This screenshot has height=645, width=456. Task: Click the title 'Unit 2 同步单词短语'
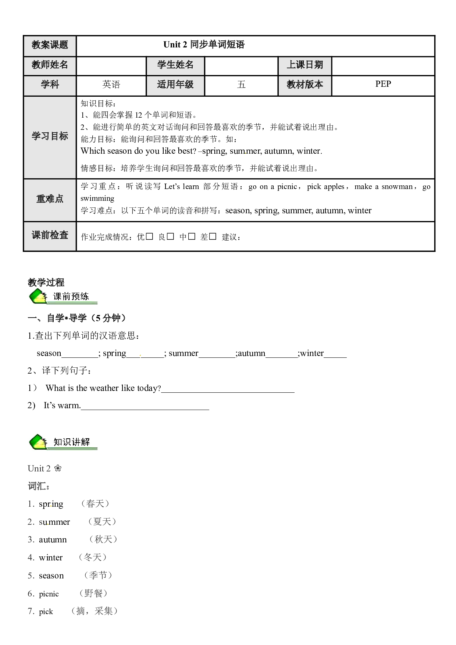[x=204, y=45]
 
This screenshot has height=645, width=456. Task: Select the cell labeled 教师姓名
[x=50, y=65]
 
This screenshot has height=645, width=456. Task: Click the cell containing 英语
[x=111, y=85]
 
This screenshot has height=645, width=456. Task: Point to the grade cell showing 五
[x=241, y=85]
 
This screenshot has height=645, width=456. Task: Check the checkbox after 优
[x=149, y=236]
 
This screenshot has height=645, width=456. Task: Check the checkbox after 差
[x=213, y=236]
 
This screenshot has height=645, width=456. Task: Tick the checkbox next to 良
[x=170, y=236]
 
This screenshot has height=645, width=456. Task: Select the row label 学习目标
[x=50, y=137]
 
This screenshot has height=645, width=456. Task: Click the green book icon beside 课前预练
[x=38, y=297]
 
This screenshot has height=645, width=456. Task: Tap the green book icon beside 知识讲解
[x=38, y=442]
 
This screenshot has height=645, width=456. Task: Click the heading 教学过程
[x=46, y=282]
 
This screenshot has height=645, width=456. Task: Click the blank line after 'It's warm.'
[x=145, y=409]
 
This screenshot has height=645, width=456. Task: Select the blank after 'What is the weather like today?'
[x=228, y=392]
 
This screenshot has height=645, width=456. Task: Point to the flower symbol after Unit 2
[x=58, y=468]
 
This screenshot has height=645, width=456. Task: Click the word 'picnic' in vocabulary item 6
[x=49, y=594]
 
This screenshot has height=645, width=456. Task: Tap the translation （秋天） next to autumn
[x=103, y=539]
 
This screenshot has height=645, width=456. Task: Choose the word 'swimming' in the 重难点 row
[x=97, y=199]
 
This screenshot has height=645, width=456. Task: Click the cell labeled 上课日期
[x=305, y=65]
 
